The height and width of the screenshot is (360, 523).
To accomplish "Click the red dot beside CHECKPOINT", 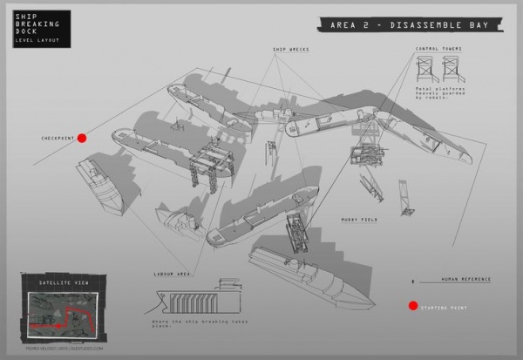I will (82, 138).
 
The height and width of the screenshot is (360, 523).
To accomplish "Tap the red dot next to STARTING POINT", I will (412, 306).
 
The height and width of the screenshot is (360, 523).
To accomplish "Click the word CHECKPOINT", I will (57, 139).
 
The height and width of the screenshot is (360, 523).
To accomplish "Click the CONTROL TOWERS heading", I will (437, 50).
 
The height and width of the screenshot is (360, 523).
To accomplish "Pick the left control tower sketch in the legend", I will (426, 69).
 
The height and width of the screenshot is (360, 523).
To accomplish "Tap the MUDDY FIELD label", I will (357, 220).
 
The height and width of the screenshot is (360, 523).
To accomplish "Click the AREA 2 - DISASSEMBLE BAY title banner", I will (409, 24).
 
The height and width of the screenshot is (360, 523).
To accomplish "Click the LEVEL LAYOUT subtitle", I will (34, 41).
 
